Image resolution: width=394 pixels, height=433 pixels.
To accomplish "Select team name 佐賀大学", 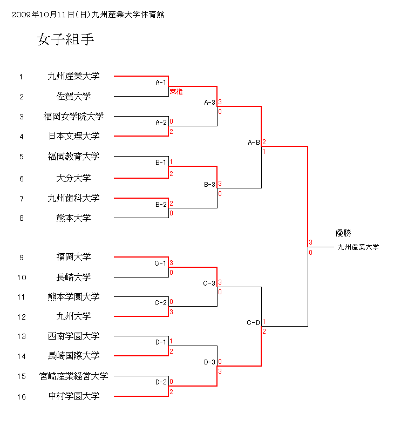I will coord(73,97).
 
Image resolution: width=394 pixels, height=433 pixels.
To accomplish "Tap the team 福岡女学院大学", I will coord(73,116).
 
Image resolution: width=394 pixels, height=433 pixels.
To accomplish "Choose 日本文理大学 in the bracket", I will coord(73,136).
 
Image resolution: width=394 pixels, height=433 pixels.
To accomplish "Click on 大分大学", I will coord(73,178).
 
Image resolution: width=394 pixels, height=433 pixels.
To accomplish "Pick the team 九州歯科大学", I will coord(73,198).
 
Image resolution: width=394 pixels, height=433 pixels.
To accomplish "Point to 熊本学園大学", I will coord(73,297).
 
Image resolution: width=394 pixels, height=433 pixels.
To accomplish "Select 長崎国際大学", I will coord(73,356).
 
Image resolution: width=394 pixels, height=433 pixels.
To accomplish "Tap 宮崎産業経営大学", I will coord(73,376).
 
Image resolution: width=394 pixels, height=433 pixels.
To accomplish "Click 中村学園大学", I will coord(73,396).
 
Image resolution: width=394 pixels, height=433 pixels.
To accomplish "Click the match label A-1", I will coord(161,83).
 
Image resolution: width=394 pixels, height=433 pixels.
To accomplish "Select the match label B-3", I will coord(209,185).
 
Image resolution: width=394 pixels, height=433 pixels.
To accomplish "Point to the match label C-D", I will coord(254,323).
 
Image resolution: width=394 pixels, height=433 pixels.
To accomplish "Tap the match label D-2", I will coord(161,382).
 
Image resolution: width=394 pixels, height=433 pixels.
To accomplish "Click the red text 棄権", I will coord(176,92).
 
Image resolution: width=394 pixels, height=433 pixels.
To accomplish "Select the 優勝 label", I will coord(343,233).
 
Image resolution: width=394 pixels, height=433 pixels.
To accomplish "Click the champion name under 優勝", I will coord(358,247).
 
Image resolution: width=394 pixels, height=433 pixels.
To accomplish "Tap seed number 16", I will coord(22,397).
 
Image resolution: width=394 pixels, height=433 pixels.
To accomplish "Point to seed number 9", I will coord(22,258).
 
